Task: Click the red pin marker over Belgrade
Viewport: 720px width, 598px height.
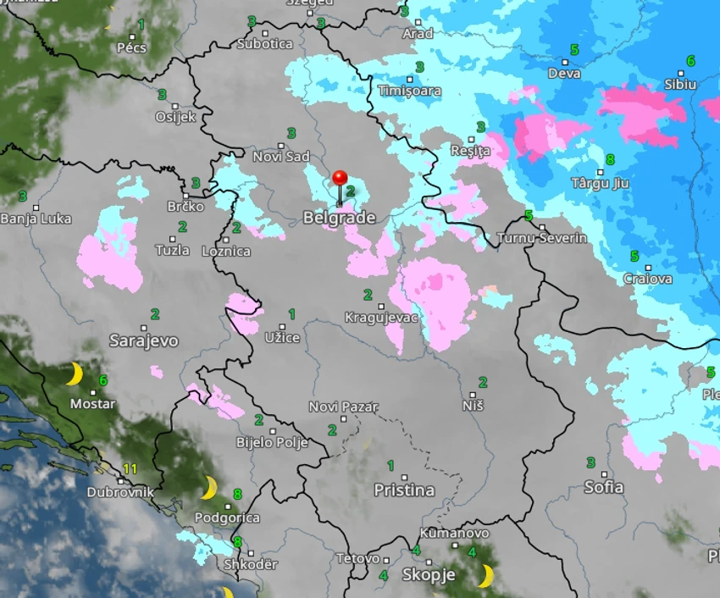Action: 340,179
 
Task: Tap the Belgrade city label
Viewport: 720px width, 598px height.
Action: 339,219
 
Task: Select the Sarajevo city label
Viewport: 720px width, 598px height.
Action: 144,341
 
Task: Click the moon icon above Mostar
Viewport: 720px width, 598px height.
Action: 75,374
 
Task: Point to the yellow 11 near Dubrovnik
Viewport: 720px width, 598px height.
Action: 130,468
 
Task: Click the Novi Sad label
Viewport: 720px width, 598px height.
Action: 281,157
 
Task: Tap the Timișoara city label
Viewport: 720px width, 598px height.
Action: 409,91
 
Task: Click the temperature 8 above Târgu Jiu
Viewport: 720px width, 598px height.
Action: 611,159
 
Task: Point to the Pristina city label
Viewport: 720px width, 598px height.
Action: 404,490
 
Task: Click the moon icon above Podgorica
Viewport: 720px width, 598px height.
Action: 209,487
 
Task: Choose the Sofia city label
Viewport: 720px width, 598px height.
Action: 604,487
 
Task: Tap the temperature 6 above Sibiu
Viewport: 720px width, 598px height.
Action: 690,61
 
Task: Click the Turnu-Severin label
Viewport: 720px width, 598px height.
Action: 541,238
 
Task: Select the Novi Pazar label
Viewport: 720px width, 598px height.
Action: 343,407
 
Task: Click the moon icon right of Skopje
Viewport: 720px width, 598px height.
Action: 485,576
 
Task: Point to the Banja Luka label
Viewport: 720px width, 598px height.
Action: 36,219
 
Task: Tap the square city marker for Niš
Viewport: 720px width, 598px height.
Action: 473,395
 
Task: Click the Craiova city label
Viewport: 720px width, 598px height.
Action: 647,279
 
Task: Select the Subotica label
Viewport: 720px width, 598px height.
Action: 265,43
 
